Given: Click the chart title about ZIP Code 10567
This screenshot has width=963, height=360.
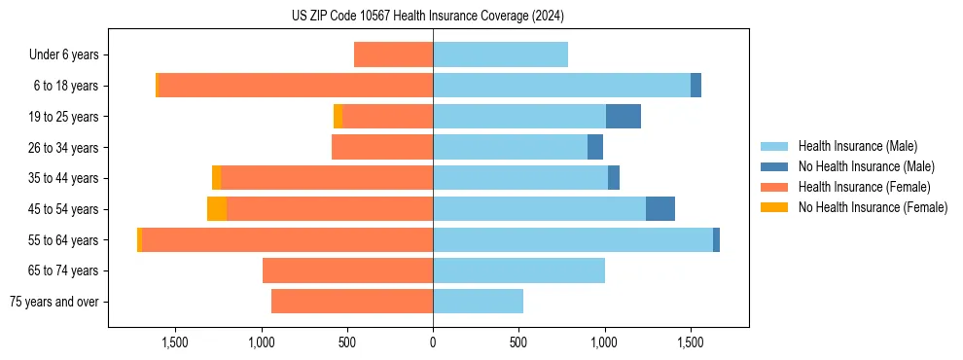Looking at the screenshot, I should coord(427,16).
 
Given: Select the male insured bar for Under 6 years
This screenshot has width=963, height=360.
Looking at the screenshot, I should coord(500,54).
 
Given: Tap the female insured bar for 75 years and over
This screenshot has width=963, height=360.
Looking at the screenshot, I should coord(351,302).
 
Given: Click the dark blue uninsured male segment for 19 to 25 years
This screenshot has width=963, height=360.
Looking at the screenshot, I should coord(623,117).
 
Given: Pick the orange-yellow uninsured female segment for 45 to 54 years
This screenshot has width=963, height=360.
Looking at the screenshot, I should coord(216,209).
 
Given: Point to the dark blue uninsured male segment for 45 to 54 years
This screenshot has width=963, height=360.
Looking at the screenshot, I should coord(660,209).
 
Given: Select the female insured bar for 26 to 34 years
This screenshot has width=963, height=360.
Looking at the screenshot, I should coord(381,147).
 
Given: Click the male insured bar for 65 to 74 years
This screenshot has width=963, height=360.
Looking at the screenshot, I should coord(518,270).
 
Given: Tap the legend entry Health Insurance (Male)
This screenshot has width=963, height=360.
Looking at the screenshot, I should coord(857,146).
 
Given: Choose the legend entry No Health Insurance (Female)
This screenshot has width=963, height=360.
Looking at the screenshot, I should coord(873,207).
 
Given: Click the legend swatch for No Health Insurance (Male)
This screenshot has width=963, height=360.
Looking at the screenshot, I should coord(774,166).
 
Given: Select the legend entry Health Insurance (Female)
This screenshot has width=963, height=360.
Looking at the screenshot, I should coord(864,187).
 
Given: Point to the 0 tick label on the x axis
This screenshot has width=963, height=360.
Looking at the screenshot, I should coord(433,342).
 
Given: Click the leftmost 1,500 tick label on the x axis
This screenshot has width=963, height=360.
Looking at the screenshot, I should coord(175,342).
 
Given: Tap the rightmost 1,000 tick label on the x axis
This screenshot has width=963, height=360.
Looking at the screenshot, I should coord(604,342).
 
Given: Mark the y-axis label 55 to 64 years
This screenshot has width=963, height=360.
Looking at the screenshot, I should coord(63,240).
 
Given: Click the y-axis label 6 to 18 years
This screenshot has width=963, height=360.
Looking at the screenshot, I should coord(66,86).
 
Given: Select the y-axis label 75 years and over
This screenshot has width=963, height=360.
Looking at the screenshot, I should coord(54,302).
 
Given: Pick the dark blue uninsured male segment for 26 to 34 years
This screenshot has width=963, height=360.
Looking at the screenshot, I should coord(595,147).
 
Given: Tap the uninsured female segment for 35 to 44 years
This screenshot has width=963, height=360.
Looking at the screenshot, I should coord(216,178).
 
